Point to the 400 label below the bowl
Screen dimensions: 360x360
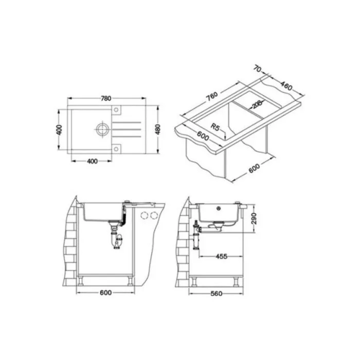point(92,161)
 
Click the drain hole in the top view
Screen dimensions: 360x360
point(102,129)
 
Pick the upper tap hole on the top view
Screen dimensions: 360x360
point(116,109)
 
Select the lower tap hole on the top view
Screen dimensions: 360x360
point(116,149)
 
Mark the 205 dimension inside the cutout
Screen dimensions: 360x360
point(256,105)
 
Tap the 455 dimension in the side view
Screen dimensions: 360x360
point(222,255)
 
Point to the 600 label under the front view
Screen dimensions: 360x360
point(105,293)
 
